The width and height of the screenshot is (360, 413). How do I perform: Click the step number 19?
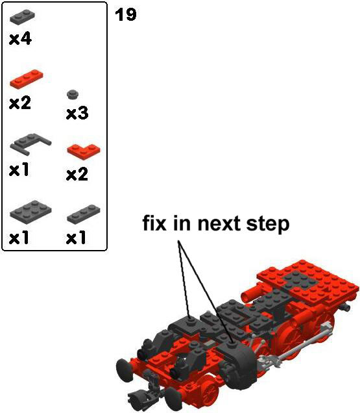pos(126,14)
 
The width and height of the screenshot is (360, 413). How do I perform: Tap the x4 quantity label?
pos(20,39)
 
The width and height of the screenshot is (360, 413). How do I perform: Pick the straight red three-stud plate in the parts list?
pos(27,78)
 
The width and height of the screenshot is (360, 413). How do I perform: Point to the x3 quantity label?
pos(77,114)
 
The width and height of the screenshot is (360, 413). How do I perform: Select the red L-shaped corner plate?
pos(84,151)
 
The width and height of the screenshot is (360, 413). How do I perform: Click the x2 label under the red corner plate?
pos(77,175)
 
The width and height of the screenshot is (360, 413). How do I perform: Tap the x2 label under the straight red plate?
pos(20,103)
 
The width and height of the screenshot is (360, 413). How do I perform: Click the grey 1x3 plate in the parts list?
pos(84,214)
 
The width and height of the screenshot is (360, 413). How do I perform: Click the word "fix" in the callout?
pos(154,223)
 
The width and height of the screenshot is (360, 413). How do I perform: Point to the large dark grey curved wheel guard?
pos(237,364)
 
